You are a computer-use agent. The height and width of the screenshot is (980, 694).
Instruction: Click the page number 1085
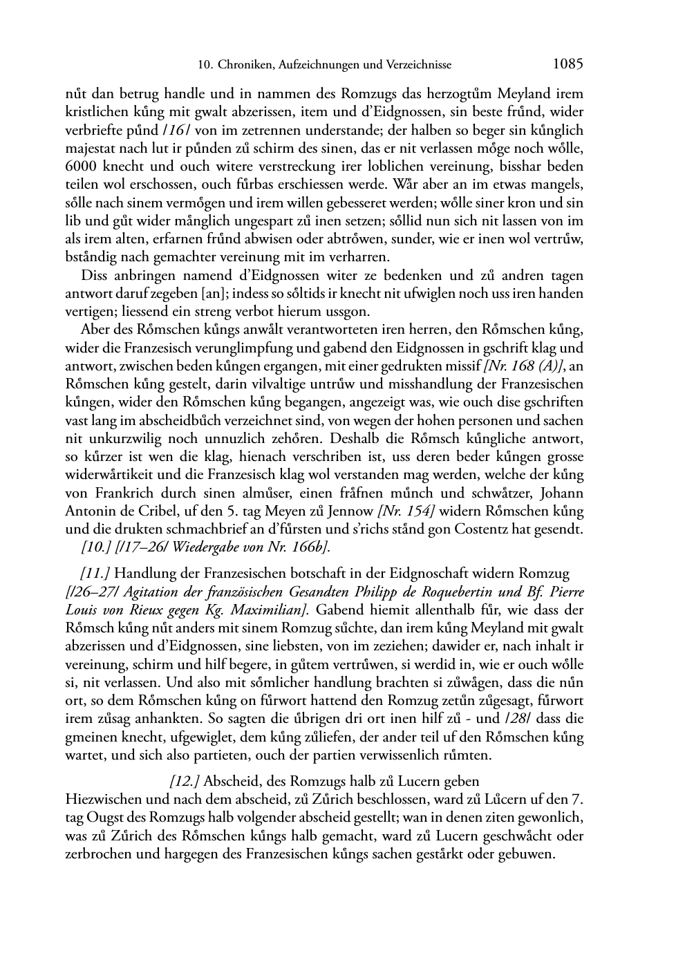pos(568,64)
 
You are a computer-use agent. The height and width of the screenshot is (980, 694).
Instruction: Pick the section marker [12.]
pos(185,782)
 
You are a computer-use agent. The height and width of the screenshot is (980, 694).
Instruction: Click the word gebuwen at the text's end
pos(530,854)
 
